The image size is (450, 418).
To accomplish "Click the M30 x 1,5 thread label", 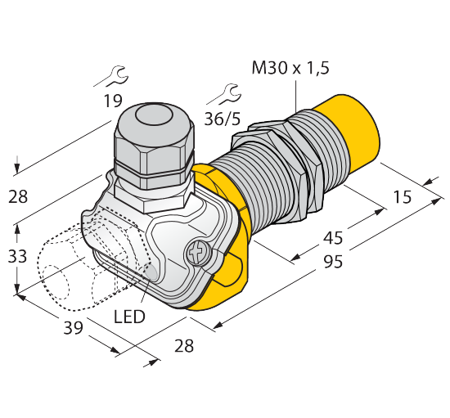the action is (290, 69).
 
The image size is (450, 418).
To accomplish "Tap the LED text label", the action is (129, 317).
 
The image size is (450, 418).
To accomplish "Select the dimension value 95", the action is (333, 262).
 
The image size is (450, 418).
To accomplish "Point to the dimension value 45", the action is (333, 238).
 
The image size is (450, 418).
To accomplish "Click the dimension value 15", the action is (402, 197).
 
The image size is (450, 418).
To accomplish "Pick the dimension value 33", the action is (17, 256).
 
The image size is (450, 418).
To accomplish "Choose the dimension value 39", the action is (73, 328).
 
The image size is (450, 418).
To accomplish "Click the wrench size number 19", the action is (113, 101).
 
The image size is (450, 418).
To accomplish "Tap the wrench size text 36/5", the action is (222, 119).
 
